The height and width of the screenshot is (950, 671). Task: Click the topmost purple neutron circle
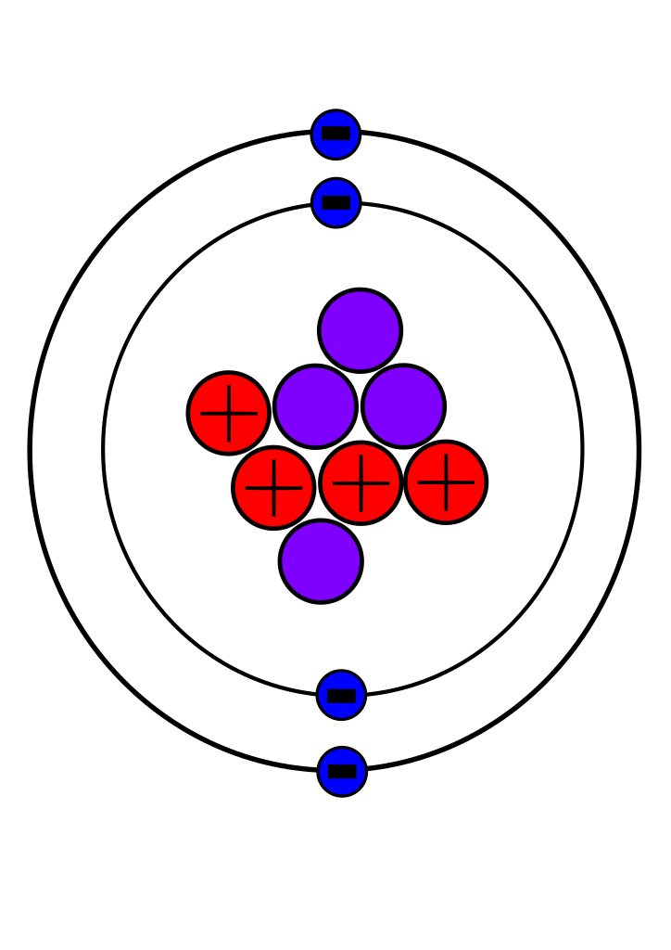coord(360,330)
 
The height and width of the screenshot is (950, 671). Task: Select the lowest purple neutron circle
coord(321,561)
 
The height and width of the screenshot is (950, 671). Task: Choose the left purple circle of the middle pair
coord(315,406)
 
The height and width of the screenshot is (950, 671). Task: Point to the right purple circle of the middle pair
coord(403,406)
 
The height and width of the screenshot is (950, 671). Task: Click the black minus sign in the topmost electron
coord(335,134)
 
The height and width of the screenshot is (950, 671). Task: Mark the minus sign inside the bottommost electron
coord(342,771)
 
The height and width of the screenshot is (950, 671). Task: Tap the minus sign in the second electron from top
coord(336,202)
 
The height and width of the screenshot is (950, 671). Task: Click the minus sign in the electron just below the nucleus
coord(341,695)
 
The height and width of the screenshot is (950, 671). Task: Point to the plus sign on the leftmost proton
coord(229,413)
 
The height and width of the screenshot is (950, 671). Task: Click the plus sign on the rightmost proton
coord(446,482)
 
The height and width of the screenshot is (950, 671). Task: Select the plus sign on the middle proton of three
coord(361,483)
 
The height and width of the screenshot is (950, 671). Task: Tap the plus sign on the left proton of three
coord(273,488)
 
